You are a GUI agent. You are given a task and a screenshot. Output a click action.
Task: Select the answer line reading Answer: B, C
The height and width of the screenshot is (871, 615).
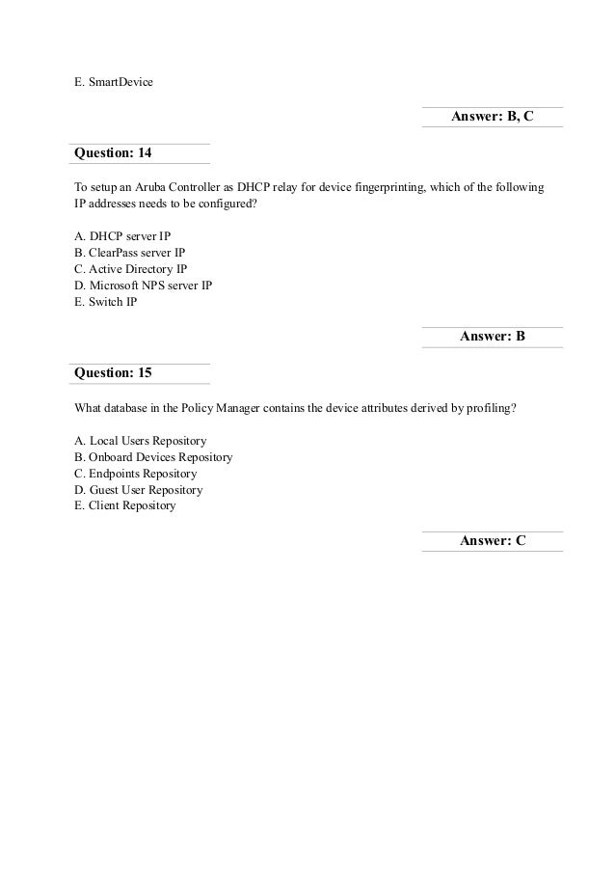492,118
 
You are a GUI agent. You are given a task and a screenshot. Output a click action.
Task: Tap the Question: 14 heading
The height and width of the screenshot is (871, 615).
113,153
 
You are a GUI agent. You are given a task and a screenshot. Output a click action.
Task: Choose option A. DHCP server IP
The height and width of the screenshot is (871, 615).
123,236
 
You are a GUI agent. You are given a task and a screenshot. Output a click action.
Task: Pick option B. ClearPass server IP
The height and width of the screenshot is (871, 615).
129,253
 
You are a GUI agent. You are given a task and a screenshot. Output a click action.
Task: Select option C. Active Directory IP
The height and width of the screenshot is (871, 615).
130,269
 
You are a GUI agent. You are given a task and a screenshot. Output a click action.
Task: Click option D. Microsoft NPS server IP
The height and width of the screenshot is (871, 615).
143,286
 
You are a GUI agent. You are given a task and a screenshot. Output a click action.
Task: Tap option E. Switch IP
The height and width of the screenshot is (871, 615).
106,302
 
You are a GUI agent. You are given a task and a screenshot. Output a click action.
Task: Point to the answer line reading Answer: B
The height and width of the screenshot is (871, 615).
492,337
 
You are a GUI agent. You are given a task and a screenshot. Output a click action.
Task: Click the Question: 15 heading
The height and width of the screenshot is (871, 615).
113,372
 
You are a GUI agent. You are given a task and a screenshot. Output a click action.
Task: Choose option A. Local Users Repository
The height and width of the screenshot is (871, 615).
141,440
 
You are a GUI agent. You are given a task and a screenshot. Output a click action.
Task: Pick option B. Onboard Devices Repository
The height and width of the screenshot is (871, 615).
153,456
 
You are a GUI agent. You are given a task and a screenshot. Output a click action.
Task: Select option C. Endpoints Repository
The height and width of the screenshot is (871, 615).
136,473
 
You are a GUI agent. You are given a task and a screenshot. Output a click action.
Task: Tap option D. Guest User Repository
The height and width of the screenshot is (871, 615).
139,489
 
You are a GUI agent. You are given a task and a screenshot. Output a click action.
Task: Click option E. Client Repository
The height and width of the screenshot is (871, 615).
125,505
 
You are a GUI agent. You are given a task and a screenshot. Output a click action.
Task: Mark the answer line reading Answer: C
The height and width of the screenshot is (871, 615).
492,541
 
